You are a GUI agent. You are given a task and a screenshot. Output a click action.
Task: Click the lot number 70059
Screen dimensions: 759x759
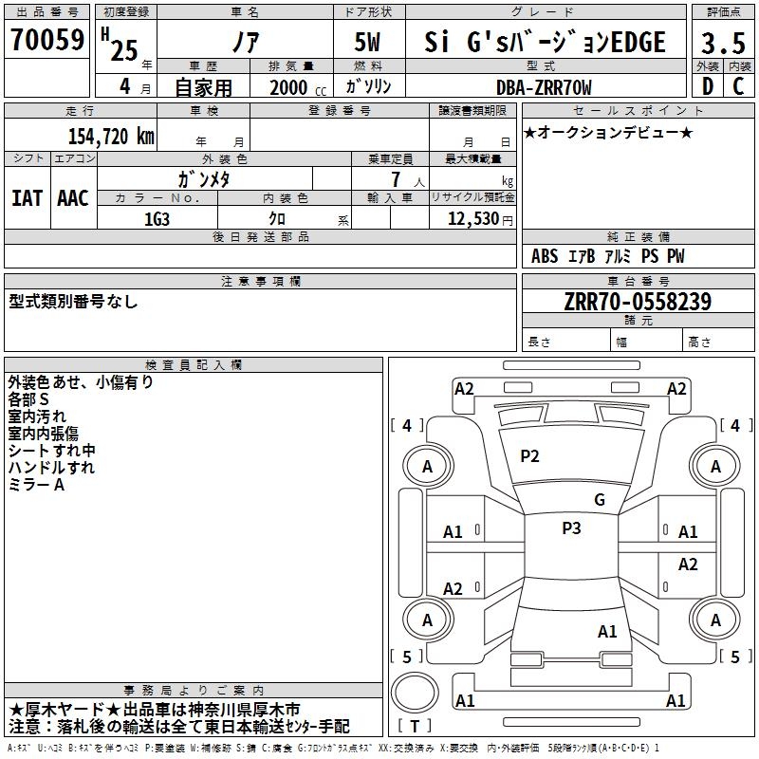tap(47, 40)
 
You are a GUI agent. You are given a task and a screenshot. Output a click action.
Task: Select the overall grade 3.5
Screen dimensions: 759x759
tap(723, 44)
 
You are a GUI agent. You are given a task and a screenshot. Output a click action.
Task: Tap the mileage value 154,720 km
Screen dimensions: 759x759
tap(111, 137)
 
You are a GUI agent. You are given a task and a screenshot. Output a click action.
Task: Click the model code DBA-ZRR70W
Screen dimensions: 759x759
tap(544, 87)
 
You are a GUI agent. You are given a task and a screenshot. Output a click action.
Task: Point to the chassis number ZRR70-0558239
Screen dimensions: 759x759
tap(638, 302)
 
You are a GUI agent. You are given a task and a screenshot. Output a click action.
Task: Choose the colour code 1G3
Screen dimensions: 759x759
tap(157, 219)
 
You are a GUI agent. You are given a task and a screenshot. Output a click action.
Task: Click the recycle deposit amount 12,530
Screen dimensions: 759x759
tap(473, 219)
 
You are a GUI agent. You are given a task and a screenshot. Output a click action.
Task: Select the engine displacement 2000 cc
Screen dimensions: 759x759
tap(298, 88)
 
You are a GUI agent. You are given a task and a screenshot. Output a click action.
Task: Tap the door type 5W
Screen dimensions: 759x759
tap(367, 42)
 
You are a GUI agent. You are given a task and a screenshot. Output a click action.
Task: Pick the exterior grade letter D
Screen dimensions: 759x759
tap(708, 86)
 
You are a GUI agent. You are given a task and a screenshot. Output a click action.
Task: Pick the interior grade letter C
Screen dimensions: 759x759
tap(738, 86)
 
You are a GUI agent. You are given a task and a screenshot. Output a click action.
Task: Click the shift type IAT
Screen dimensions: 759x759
tap(27, 198)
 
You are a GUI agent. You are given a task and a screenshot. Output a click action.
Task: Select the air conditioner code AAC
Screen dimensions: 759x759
tap(73, 198)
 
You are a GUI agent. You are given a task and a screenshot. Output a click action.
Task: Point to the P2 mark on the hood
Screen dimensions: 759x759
tap(529, 456)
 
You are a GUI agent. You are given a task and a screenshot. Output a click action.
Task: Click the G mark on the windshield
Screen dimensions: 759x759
tap(600, 500)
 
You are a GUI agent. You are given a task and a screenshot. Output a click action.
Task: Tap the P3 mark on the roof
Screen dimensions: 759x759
tap(571, 528)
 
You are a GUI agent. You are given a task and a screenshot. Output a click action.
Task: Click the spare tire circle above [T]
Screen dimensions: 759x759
tap(415, 693)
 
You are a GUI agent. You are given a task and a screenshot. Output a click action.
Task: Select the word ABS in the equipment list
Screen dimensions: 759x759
tap(545, 256)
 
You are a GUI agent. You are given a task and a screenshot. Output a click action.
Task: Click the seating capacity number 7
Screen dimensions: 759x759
tap(397, 179)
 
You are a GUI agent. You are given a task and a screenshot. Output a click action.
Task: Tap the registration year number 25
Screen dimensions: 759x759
tap(124, 50)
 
